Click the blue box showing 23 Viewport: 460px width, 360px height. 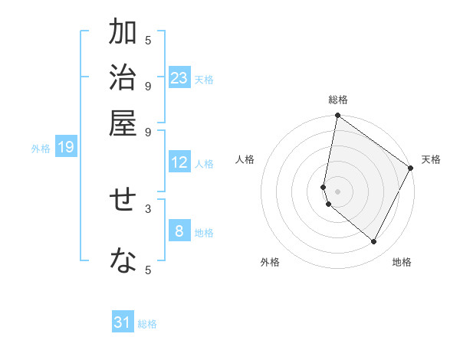179,77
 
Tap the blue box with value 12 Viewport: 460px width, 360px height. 179,162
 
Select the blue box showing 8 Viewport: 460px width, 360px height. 179,231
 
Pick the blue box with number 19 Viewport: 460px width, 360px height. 65,147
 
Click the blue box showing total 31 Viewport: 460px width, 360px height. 123,322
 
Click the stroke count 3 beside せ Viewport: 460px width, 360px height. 148,208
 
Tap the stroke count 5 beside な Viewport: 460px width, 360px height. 148,270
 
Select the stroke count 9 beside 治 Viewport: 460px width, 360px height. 148,85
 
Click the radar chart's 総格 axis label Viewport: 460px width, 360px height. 338,100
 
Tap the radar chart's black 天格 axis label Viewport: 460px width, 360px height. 431,159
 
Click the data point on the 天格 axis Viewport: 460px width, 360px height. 411,169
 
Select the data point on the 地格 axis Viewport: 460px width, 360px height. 374,241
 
